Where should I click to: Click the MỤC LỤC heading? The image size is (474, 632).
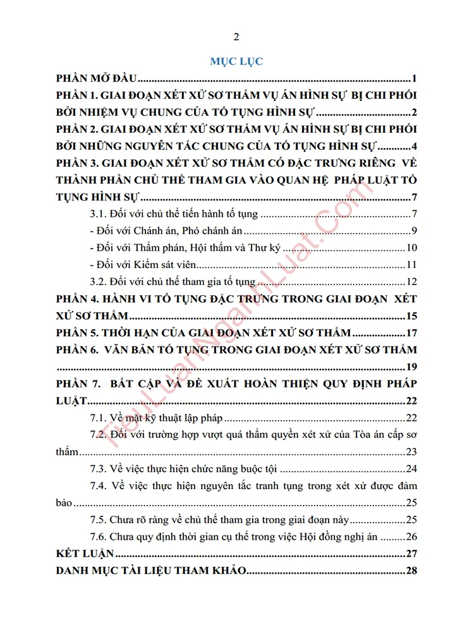pos(236,61)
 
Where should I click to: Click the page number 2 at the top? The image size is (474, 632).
pos(236,36)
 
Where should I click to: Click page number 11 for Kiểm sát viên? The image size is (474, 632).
pos(410,264)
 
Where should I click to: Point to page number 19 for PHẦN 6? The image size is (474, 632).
pos(410,367)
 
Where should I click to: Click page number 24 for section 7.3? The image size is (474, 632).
pos(410,468)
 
